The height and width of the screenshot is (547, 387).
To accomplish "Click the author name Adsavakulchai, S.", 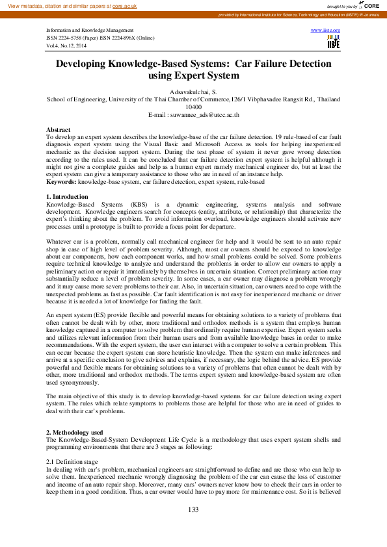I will click(x=193, y=93).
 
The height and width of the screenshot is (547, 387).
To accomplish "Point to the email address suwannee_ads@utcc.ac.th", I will click(x=193, y=114).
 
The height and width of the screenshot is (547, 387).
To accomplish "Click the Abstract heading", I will click(x=59, y=131).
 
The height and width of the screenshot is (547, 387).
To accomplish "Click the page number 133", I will click(x=193, y=509).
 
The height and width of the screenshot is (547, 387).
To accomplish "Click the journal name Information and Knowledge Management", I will click(x=90, y=31).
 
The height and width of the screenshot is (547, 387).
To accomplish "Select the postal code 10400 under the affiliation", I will click(x=193, y=107).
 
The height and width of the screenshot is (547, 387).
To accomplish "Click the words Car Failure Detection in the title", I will click(x=283, y=64).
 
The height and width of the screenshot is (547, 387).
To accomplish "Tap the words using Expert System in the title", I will click(x=193, y=76).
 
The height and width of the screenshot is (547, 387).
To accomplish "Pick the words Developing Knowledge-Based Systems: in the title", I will click(x=142, y=64).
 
